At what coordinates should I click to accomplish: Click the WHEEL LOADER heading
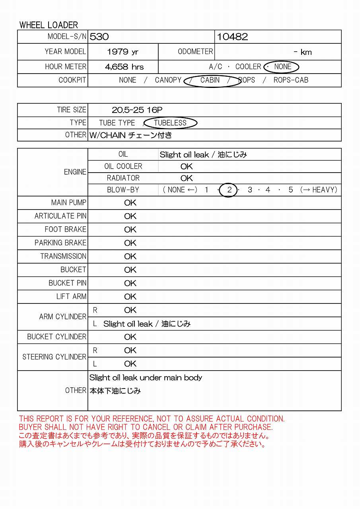(49, 25)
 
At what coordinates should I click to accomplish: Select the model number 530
(99, 37)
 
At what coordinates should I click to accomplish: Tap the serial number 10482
(232, 37)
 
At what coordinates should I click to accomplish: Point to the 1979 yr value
(123, 52)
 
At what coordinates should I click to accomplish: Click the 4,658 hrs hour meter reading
(124, 67)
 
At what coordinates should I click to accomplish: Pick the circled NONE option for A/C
(282, 67)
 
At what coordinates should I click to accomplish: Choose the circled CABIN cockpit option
(210, 80)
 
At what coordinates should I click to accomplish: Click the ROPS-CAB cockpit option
(291, 80)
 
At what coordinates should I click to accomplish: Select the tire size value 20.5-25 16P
(137, 110)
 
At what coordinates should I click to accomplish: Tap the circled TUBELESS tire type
(170, 123)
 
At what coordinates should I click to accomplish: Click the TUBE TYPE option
(117, 123)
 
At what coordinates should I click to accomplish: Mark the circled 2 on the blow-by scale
(229, 190)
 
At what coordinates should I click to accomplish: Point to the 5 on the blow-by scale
(291, 190)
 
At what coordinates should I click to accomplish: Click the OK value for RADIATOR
(187, 178)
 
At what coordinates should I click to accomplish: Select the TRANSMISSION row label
(63, 256)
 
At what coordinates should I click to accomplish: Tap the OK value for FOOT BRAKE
(130, 230)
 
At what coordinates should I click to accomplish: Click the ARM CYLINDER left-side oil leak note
(147, 324)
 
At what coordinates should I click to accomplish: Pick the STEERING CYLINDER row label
(54, 357)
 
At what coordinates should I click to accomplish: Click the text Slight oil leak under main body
(146, 378)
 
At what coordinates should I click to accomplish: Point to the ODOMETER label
(195, 52)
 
